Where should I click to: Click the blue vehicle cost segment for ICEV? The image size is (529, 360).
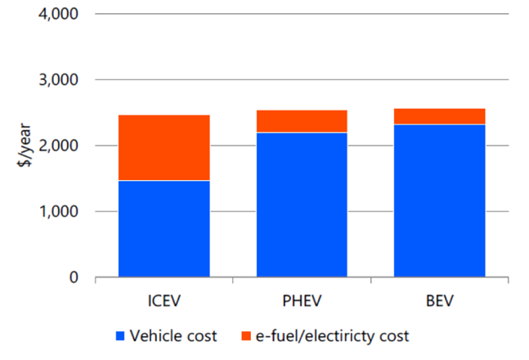pyautogui.click(x=164, y=229)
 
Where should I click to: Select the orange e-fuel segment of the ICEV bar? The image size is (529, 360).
pyautogui.click(x=164, y=147)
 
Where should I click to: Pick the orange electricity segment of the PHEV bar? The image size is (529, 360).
pyautogui.click(x=302, y=121)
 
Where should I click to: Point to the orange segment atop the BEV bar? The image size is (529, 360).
pyautogui.click(x=439, y=116)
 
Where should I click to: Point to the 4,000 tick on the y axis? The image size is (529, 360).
pyautogui.click(x=58, y=15)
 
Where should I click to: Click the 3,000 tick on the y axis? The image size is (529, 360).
pyautogui.click(x=58, y=80)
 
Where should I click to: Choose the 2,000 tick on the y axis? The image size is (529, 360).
pyautogui.click(x=58, y=146)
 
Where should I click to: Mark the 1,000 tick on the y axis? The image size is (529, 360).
pyautogui.click(x=58, y=212)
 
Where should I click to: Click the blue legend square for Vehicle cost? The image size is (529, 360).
pyautogui.click(x=121, y=336)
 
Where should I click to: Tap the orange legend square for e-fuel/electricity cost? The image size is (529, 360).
pyautogui.click(x=245, y=336)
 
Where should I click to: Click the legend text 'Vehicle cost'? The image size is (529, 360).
pyautogui.click(x=173, y=336)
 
